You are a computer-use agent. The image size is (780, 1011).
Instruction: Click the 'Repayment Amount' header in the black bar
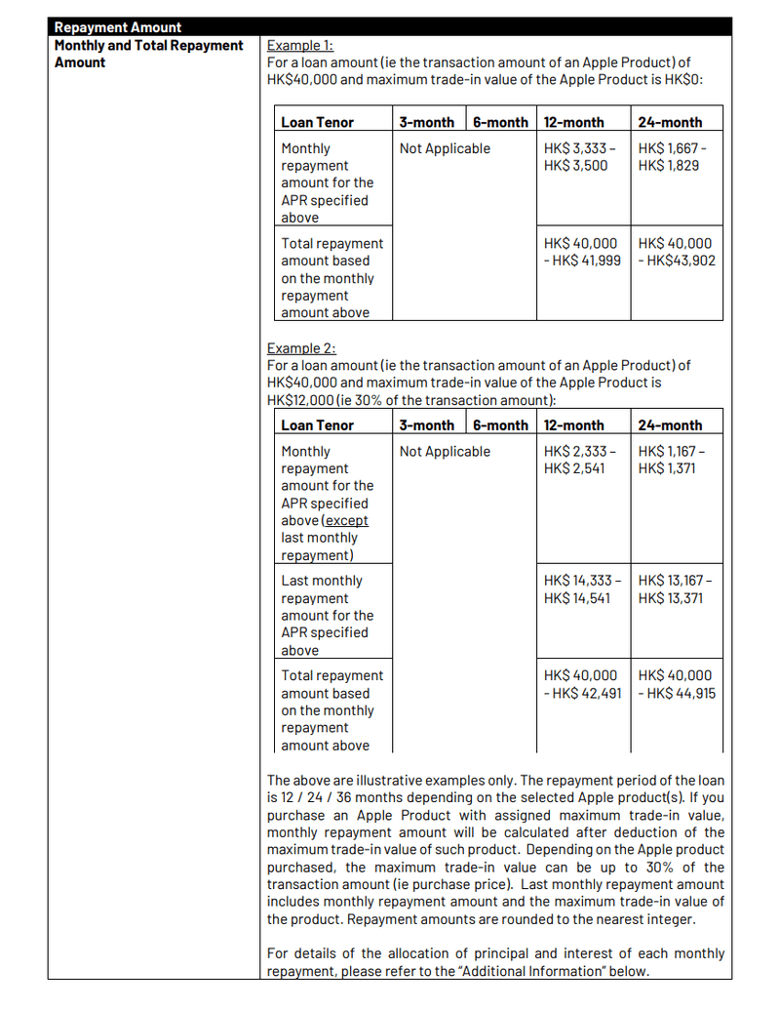tap(118, 27)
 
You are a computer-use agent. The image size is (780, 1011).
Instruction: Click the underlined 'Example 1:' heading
tap(300, 45)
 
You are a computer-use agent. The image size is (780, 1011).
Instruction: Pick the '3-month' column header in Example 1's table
tap(426, 122)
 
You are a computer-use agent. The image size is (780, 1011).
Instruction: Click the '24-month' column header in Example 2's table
tap(670, 425)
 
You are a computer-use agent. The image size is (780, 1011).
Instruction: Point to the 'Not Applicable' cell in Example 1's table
tap(445, 148)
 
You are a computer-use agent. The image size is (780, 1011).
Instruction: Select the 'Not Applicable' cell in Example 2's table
tap(445, 451)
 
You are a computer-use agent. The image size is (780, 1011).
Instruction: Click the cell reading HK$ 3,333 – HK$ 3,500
tap(580, 157)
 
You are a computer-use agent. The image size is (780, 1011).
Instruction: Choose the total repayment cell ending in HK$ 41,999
tap(582, 252)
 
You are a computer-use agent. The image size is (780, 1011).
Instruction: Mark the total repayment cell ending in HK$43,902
tap(677, 252)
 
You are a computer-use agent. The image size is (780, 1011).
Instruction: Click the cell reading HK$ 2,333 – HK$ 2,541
tap(580, 460)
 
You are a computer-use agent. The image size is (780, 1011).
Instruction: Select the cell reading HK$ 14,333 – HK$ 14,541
tap(581, 589)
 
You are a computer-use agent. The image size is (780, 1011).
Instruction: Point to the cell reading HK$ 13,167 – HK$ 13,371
tap(676, 589)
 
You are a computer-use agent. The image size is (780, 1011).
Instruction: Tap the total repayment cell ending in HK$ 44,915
tap(677, 684)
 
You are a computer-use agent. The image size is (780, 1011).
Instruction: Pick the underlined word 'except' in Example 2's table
tap(346, 520)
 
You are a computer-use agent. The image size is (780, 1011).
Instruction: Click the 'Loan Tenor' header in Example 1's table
tap(317, 122)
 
